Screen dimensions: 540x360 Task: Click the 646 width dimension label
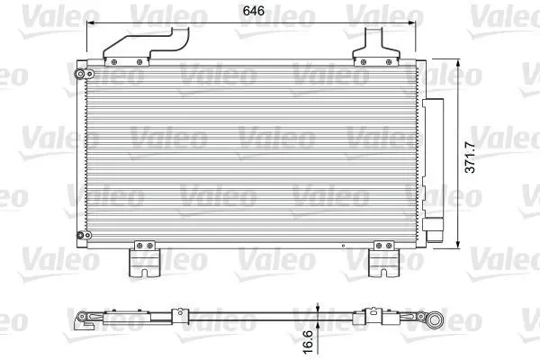point(254,11)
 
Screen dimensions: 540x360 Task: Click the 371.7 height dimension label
point(470,157)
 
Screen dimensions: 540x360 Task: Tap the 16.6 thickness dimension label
point(308,342)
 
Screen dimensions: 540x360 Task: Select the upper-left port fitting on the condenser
point(83,74)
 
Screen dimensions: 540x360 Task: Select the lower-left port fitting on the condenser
point(84,235)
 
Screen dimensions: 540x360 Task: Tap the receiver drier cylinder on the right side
point(433,170)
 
